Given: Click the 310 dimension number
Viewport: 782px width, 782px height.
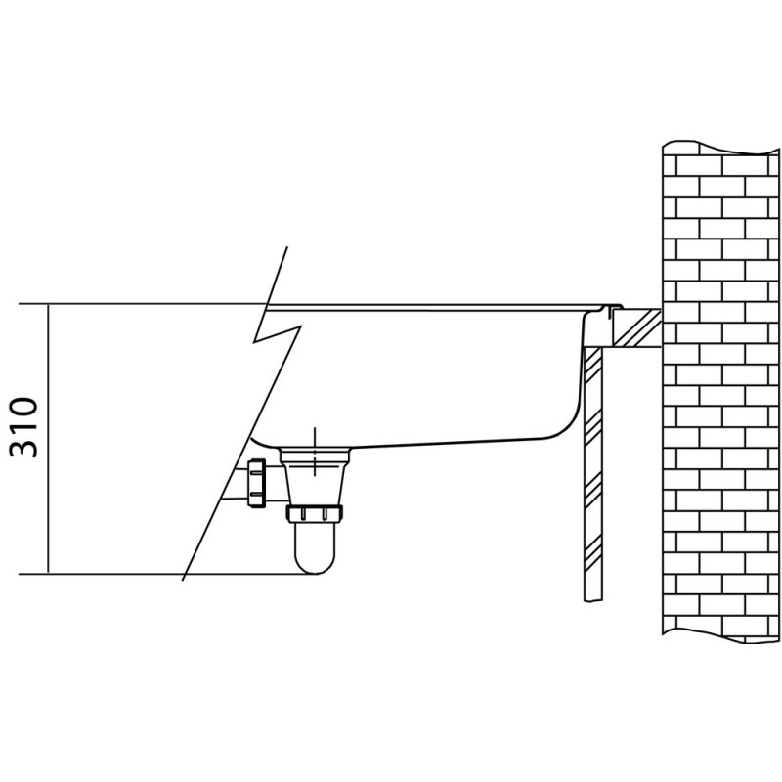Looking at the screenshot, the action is [x=23, y=427].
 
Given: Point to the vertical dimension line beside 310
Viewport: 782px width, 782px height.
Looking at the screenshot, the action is [x=48, y=439].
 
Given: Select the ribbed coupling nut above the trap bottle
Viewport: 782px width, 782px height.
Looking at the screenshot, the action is [x=314, y=513].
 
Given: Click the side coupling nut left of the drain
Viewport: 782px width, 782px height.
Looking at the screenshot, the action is [x=257, y=483].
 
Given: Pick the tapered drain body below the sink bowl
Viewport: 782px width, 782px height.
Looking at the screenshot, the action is [x=314, y=476].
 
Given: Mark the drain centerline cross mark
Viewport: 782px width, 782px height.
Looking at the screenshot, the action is [x=314, y=452].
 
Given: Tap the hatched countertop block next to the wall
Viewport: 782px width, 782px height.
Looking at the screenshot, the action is [x=637, y=327].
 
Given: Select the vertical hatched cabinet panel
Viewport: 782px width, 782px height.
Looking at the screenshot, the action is [x=593, y=474].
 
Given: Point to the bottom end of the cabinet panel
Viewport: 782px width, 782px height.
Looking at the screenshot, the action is [x=593, y=602].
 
